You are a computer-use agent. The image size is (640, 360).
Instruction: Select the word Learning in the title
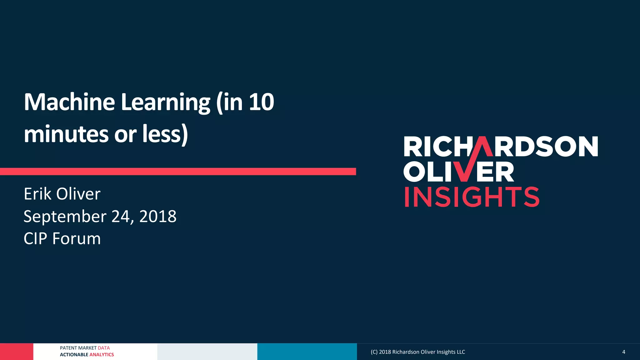point(165,102)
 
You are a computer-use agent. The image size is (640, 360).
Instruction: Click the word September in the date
point(65,217)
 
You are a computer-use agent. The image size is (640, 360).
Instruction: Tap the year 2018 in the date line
point(158,216)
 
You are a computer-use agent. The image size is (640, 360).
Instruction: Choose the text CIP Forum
point(62,239)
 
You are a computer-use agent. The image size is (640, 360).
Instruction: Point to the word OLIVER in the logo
point(458,172)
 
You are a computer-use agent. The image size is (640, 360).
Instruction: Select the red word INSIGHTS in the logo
point(472,197)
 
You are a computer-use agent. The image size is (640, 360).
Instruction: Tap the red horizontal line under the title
point(178,171)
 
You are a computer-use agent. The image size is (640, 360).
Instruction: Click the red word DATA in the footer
point(104,348)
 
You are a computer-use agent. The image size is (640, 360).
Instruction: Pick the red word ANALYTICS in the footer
point(102,355)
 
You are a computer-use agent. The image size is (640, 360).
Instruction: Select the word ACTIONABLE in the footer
point(74,355)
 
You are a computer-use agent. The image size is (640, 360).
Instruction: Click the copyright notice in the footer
point(417,352)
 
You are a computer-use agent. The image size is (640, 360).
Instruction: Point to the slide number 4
point(623,352)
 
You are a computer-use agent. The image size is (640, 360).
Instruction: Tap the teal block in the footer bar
point(307,352)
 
